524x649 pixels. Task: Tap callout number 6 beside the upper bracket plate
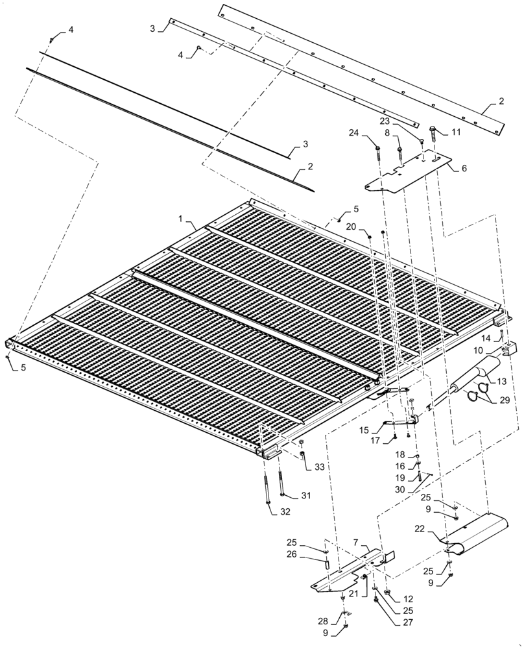tap(464, 167)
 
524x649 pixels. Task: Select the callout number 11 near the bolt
tap(456, 132)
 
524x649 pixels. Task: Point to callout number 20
tap(350, 227)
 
